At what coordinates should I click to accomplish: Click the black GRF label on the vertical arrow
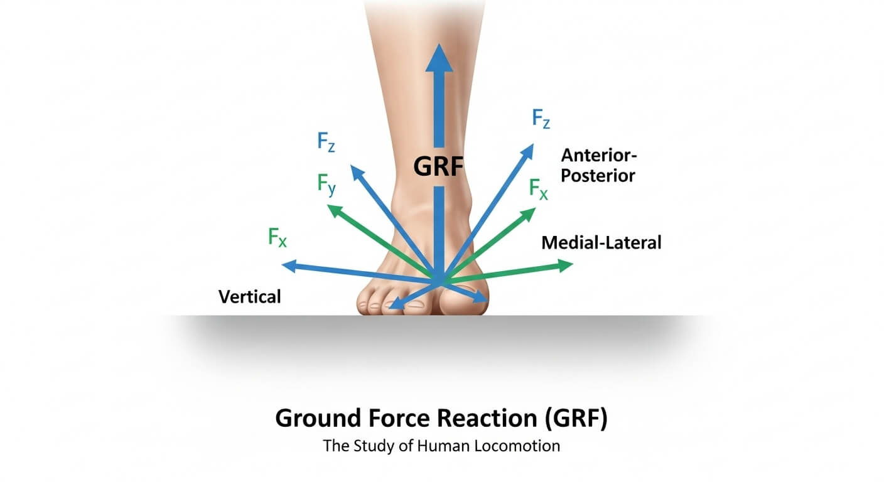[x=439, y=167]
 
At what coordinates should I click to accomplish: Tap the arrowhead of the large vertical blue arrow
[x=439, y=60]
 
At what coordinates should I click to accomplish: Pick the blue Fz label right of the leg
[x=541, y=118]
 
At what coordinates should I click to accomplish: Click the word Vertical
[x=249, y=296]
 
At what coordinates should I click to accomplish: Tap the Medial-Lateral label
[x=601, y=242]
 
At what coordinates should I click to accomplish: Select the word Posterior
[x=598, y=175]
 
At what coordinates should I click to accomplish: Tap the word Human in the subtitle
[x=435, y=447]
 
